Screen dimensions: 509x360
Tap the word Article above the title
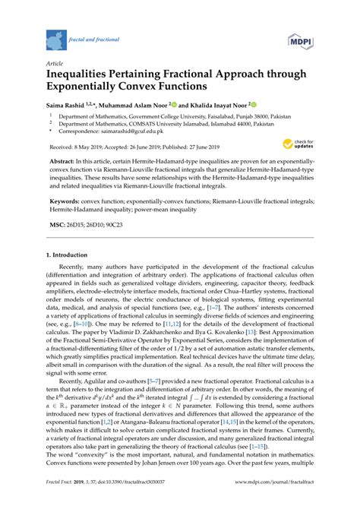click(55, 65)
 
